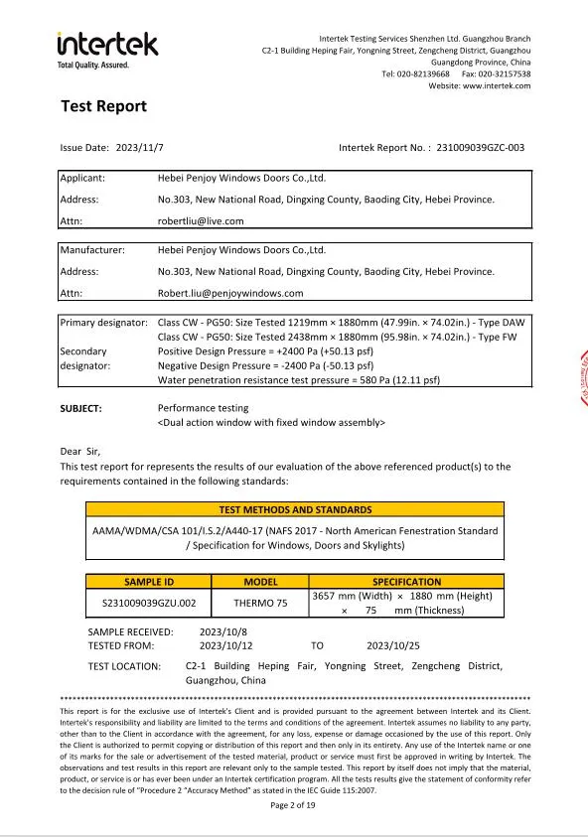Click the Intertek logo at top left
click(x=107, y=46)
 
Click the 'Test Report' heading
click(x=103, y=106)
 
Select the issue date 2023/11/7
click(x=140, y=148)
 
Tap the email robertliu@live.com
click(x=201, y=221)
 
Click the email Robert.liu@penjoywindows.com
click(x=230, y=293)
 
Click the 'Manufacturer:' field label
click(x=92, y=250)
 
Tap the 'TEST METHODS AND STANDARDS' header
click(x=295, y=509)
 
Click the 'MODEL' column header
click(x=260, y=582)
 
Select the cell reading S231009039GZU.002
click(x=149, y=603)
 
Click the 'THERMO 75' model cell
click(x=260, y=603)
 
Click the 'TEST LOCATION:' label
click(x=124, y=666)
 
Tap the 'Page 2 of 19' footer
click(x=293, y=805)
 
